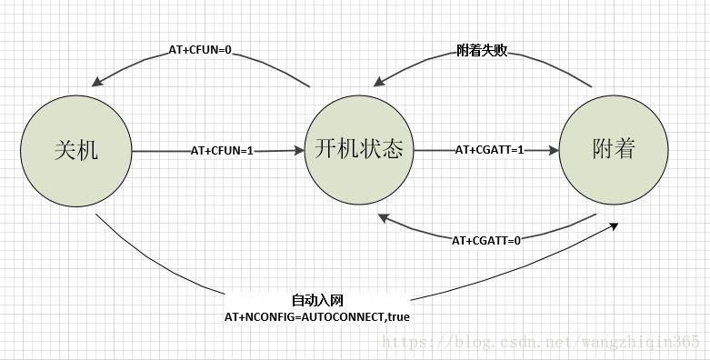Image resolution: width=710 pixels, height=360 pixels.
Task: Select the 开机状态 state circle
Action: pos(358,150)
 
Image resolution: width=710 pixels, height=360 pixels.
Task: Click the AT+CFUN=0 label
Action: pos(200,51)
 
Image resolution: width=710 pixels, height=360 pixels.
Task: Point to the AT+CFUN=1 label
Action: pos(222,150)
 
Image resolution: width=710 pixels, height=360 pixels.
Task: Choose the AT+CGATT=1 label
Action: pos(489,150)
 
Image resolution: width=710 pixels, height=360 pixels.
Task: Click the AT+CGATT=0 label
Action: pos(486,240)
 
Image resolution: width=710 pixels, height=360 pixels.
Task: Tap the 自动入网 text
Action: pos(317,300)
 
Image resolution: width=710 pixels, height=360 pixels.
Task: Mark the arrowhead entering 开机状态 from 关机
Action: pos(299,151)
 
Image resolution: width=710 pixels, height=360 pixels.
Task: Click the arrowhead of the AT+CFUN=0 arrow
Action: pos(95,83)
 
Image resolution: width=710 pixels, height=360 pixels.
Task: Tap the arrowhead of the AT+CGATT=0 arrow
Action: pos(383,217)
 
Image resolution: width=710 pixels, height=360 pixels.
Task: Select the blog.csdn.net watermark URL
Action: pos(541,342)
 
